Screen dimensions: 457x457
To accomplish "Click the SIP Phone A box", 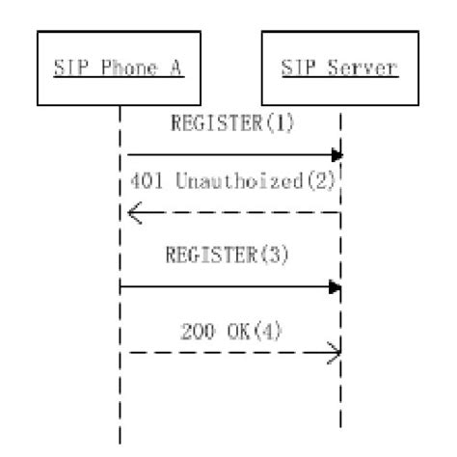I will (120, 69).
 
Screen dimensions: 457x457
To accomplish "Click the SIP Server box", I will (340, 69).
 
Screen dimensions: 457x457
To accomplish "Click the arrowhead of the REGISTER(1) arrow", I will (337, 154).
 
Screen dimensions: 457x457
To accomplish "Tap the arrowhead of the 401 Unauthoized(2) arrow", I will (133, 212).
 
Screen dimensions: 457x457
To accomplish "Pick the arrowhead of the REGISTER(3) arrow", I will (336, 286).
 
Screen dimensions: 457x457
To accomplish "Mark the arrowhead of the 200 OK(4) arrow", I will (337, 353).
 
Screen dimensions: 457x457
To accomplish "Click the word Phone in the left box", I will (121, 69).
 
